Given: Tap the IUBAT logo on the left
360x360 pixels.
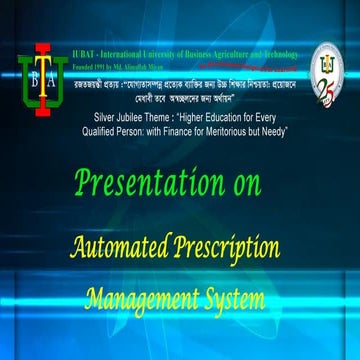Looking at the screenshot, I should click(35, 79).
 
